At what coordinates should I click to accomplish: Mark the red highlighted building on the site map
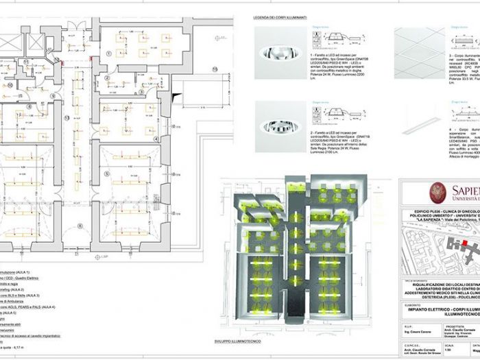point(468,243)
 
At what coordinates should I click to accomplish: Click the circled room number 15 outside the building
point(213,69)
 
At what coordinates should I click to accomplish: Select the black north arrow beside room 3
point(178,91)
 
